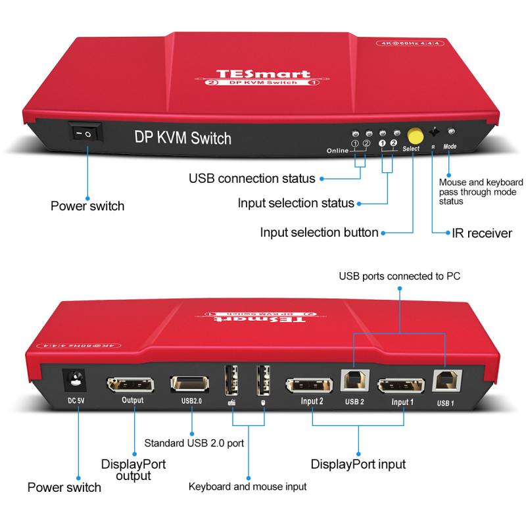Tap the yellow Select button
coord(415,135)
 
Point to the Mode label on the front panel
coord(450,147)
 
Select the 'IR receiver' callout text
coord(482,233)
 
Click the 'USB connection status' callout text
coord(252,178)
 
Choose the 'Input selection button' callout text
coord(319,232)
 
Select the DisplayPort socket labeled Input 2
coord(312,387)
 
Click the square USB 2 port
coord(354,382)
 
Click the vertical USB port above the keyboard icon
coord(232,380)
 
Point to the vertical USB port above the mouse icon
coord(263,380)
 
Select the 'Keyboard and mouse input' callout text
coord(247,487)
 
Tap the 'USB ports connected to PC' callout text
coord(399,276)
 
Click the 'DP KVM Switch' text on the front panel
coord(183,138)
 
